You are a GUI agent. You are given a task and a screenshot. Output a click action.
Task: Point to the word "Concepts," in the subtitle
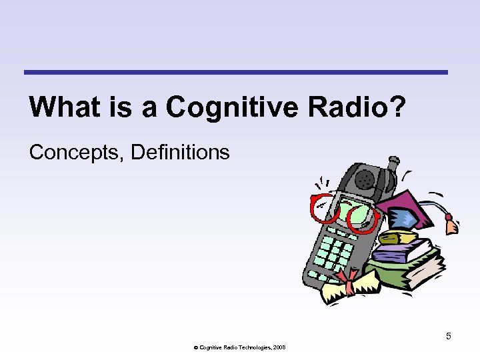(77, 153)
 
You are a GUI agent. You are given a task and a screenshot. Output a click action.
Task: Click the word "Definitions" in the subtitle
(181, 153)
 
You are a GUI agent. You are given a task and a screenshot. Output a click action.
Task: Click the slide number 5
(449, 336)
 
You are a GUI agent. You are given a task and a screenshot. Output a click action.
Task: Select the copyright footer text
(237, 347)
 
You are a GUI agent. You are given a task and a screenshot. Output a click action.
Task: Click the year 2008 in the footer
(279, 347)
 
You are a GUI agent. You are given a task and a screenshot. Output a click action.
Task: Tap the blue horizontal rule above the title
(236, 72)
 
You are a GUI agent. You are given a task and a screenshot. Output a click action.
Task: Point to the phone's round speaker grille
(364, 179)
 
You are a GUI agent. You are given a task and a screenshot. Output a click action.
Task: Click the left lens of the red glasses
(323, 209)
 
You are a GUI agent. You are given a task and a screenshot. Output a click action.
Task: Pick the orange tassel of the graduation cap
(452, 225)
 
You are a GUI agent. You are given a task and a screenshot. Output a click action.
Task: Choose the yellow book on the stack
(399, 237)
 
